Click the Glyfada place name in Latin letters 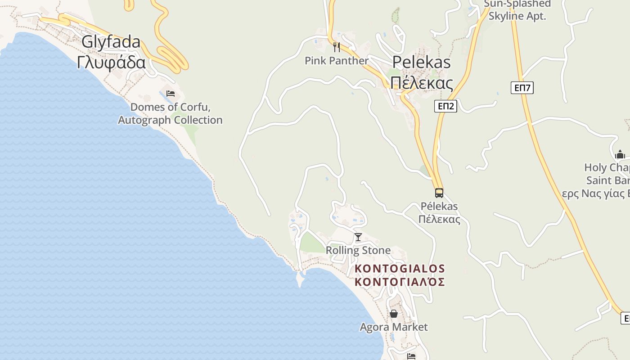[111, 42]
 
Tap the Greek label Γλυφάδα [111, 62]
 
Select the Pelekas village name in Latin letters [421, 62]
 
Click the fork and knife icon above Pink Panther [336, 47]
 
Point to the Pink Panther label [336, 60]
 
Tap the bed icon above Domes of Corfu [171, 94]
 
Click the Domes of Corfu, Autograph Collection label [170, 113]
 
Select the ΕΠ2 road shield [445, 106]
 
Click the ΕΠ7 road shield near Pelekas [522, 88]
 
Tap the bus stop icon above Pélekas [439, 193]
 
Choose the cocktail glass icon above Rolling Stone [358, 237]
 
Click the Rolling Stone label [358, 250]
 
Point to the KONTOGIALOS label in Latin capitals [400, 269]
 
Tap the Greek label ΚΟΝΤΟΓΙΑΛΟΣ [400, 282]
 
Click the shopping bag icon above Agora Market [394, 314]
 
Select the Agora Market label [394, 327]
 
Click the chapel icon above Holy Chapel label [620, 154]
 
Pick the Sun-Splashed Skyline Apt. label [517, 10]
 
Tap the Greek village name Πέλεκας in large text [421, 83]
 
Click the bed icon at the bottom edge [411, 356]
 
